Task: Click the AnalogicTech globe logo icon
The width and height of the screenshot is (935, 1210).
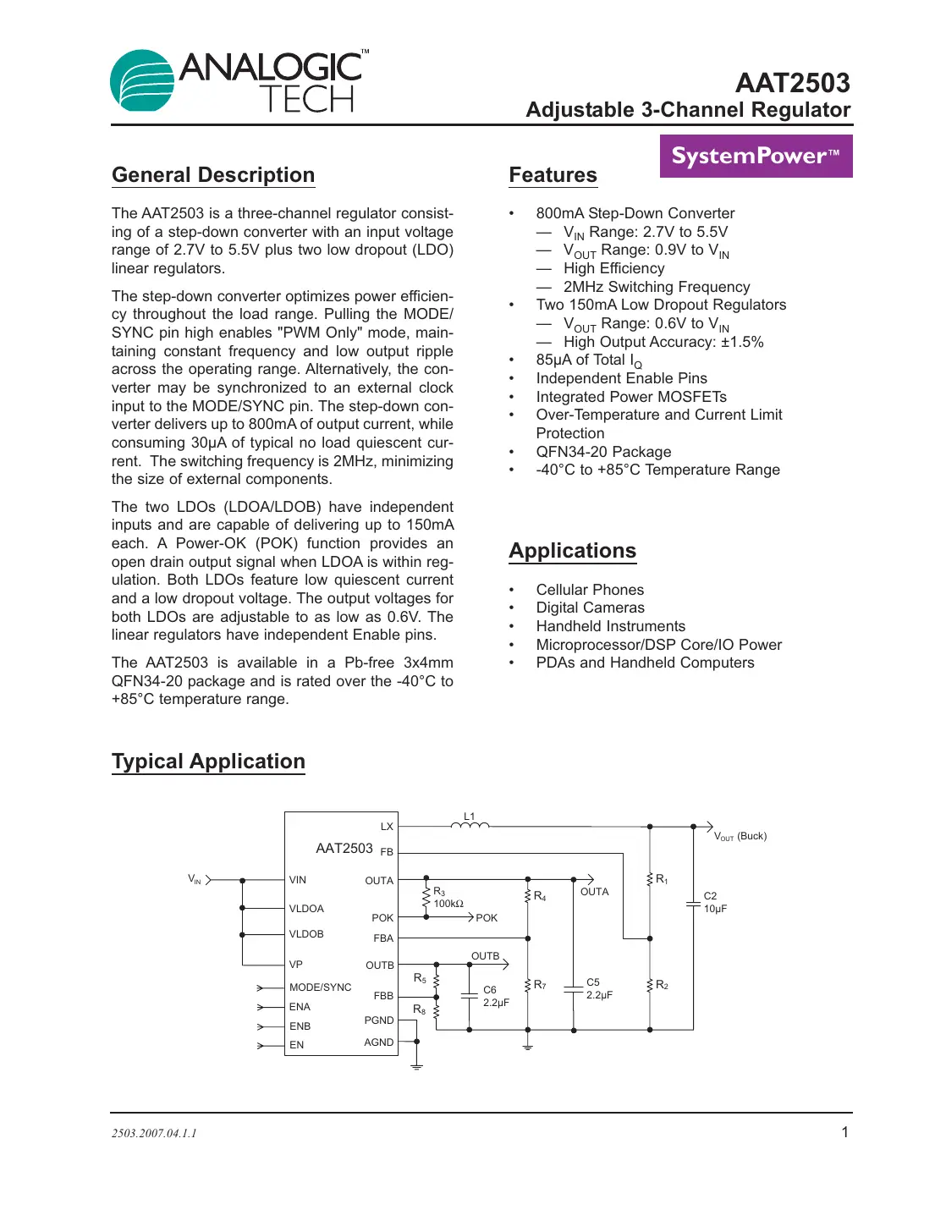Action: [142, 81]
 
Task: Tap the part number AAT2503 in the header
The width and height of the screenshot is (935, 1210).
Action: [792, 83]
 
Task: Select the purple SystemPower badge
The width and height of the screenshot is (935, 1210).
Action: [756, 157]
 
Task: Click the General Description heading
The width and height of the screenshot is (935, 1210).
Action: [213, 175]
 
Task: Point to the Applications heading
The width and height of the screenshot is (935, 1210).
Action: [572, 551]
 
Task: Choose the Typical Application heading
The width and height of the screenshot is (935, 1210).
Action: [208, 762]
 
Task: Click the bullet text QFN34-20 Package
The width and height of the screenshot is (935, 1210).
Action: [603, 452]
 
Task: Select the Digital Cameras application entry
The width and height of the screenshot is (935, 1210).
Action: [590, 608]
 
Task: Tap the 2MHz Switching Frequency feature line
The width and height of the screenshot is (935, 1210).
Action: [657, 287]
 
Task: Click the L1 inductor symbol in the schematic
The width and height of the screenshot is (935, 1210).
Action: [470, 825]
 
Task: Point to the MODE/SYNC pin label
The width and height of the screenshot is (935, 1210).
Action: [320, 987]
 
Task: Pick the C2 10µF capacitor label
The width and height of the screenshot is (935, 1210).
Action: [715, 902]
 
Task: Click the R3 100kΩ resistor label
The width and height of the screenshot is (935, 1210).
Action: [448, 898]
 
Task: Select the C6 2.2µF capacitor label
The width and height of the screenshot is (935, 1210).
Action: [496, 996]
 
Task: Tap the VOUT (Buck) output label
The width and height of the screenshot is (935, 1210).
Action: [740, 836]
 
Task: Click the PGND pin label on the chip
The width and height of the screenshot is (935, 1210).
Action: [379, 1020]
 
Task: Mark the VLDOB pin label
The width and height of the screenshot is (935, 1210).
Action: [306, 934]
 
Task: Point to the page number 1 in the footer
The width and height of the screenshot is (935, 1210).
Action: [844, 1132]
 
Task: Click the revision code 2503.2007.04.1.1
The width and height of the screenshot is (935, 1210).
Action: [154, 1133]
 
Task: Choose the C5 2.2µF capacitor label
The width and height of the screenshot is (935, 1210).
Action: [599, 989]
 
